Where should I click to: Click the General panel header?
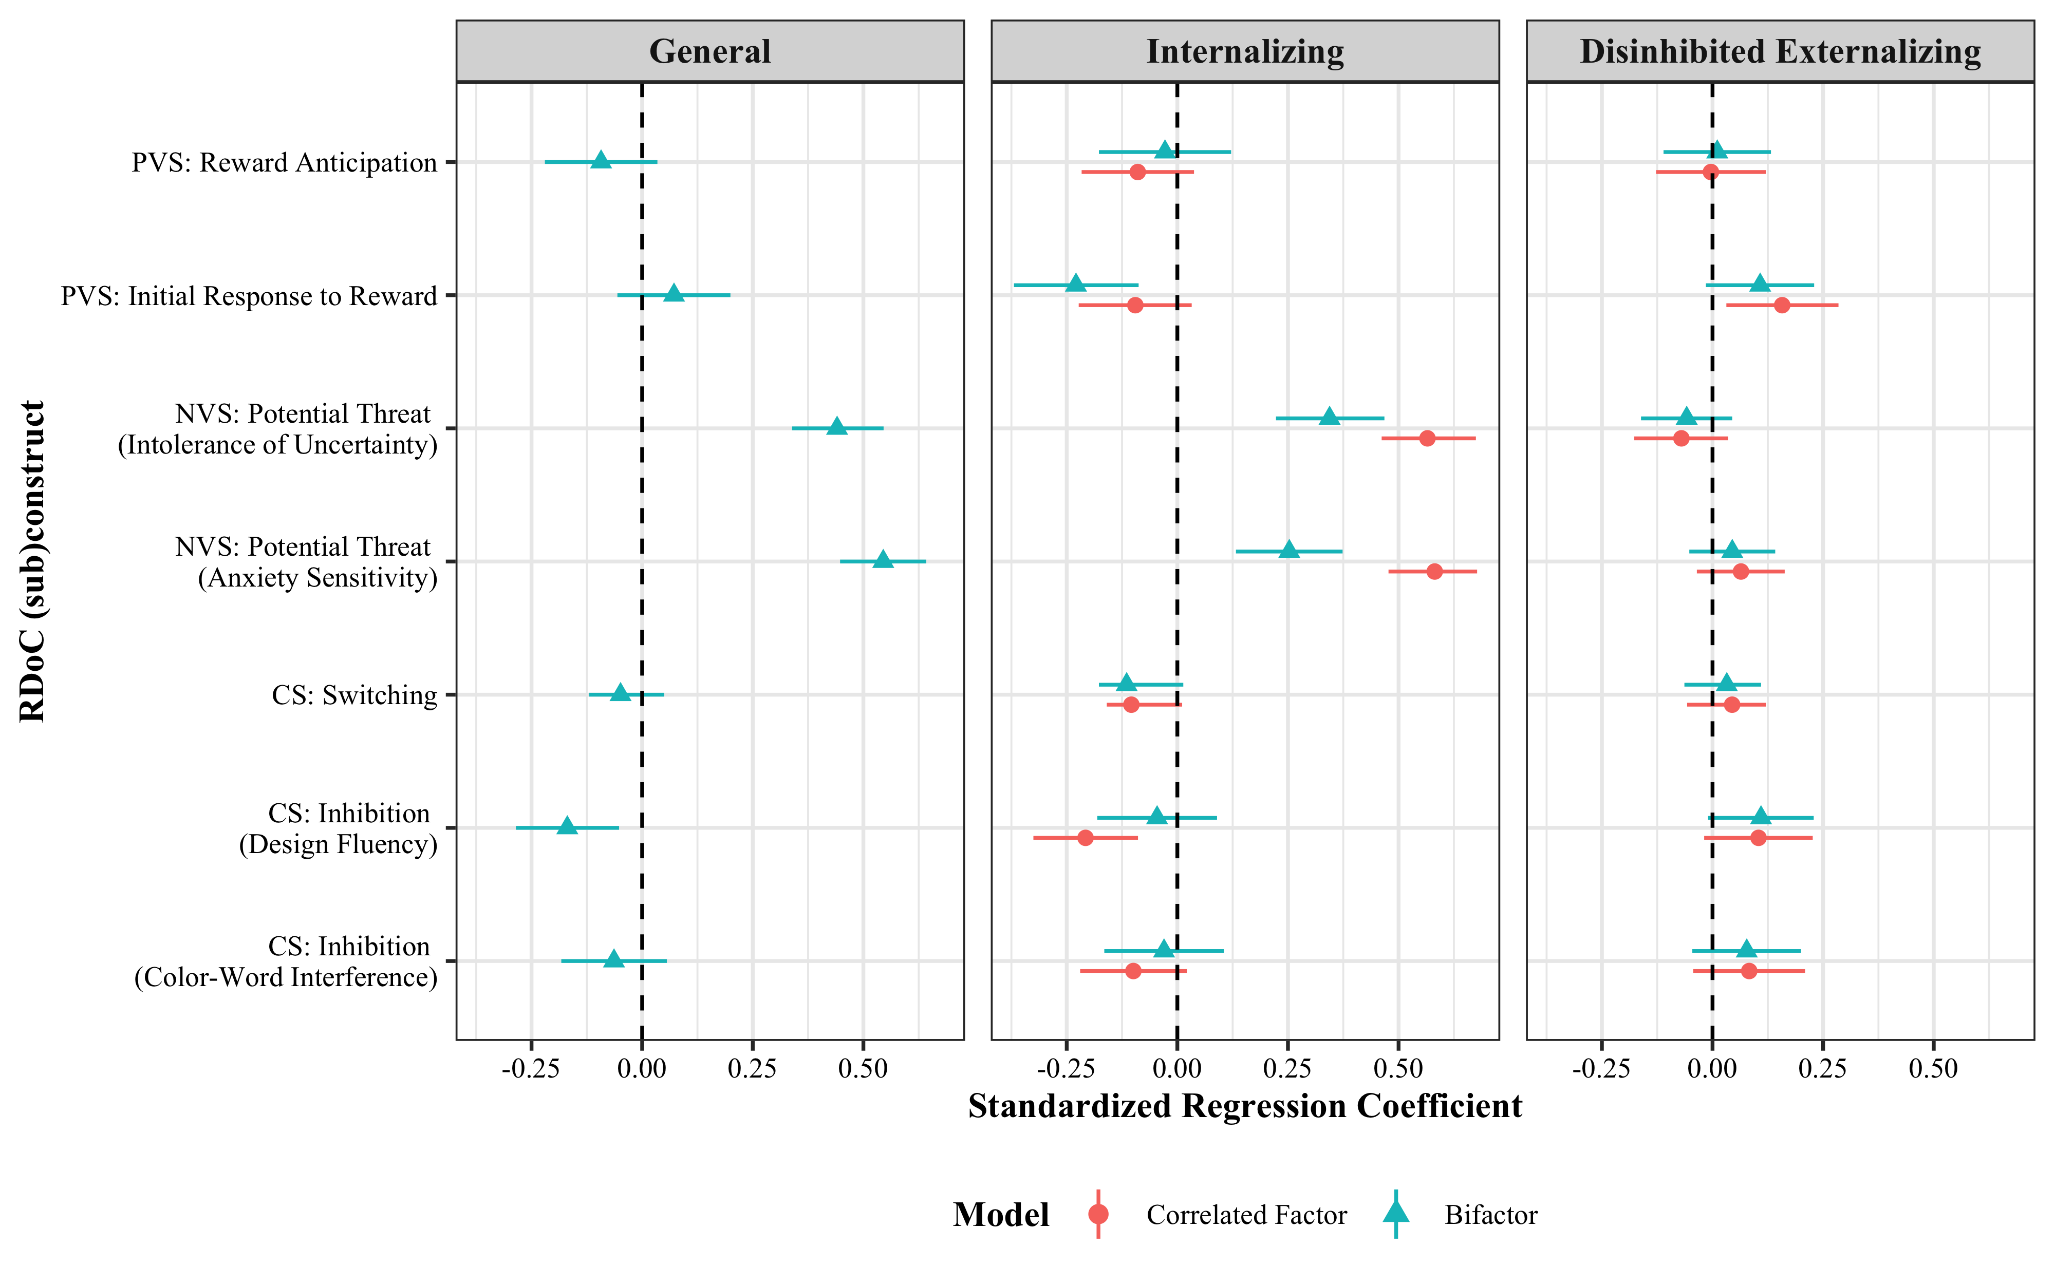[x=710, y=52]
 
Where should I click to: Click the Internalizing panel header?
[x=1245, y=52]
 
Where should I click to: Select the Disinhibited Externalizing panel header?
[x=1780, y=52]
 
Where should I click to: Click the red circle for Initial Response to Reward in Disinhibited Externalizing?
[x=1782, y=305]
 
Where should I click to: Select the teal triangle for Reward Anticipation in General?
[x=601, y=160]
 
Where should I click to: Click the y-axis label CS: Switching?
[x=354, y=695]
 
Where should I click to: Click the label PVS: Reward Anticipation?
[x=284, y=162]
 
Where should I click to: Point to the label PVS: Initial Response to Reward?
[x=249, y=296]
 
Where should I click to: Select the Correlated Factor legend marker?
[x=1098, y=1214]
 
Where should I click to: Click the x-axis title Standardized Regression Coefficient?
[x=1245, y=1106]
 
